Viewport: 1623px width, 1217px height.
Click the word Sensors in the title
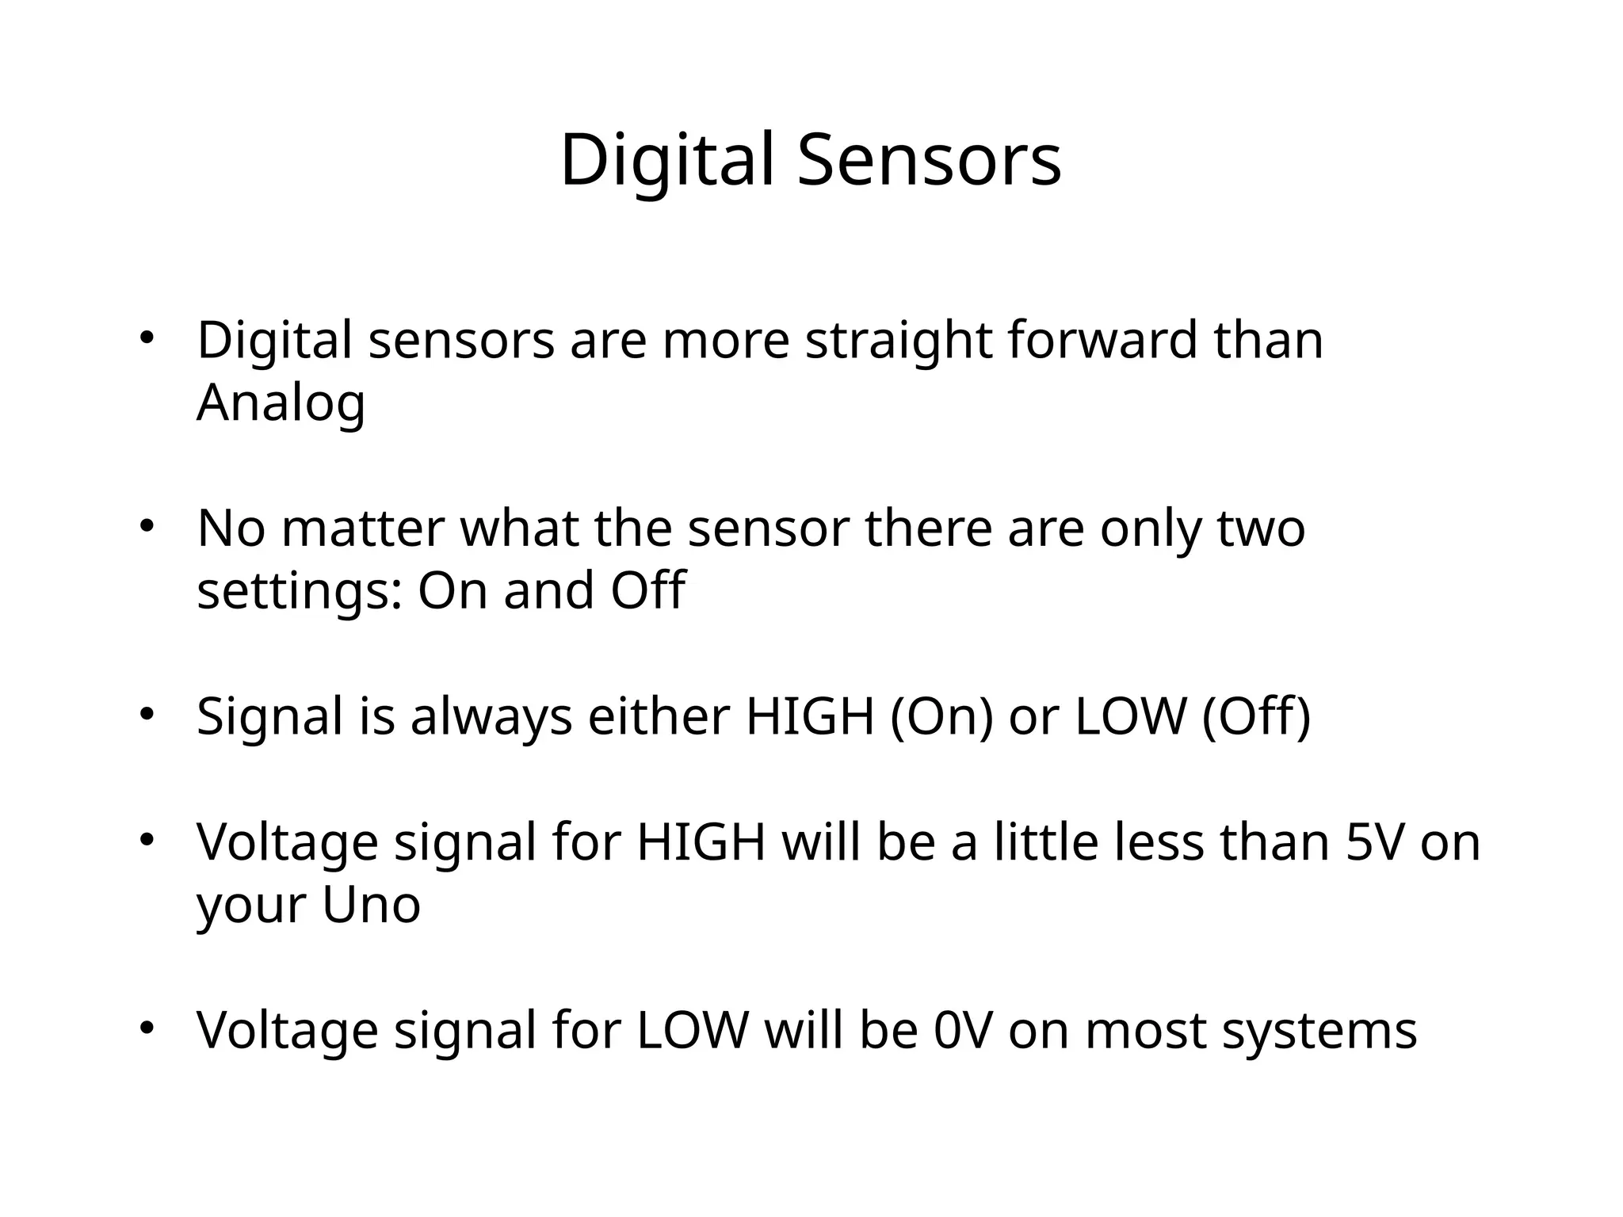click(929, 160)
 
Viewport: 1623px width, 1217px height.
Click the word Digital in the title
click(666, 160)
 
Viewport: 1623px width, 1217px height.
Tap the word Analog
click(281, 403)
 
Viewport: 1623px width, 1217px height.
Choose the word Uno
click(371, 904)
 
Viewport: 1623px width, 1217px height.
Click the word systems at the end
click(1319, 1030)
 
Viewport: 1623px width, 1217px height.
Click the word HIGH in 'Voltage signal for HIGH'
click(701, 842)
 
